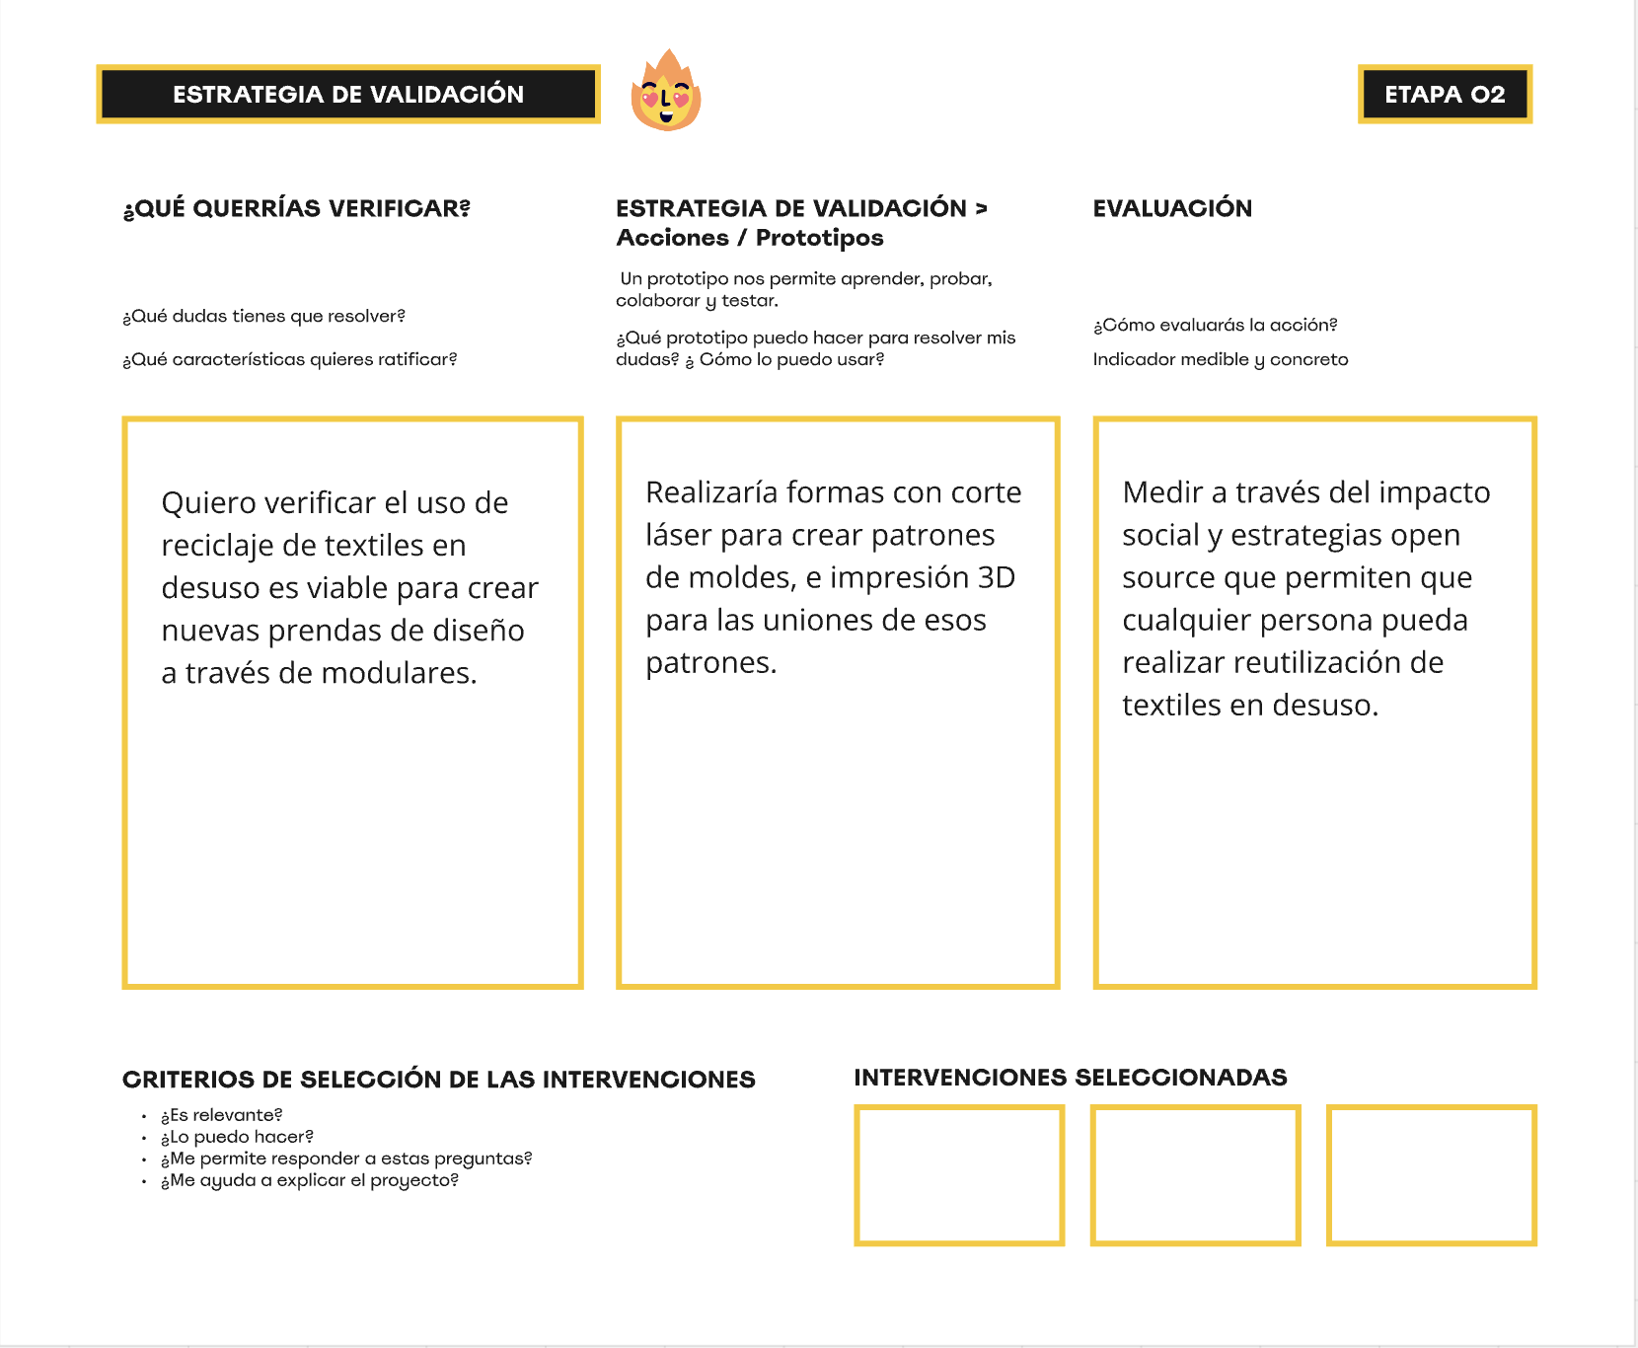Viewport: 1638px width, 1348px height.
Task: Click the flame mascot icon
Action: [666, 92]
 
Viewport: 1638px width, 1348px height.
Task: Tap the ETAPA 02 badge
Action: [1445, 95]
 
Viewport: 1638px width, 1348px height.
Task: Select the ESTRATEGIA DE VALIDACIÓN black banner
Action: [348, 95]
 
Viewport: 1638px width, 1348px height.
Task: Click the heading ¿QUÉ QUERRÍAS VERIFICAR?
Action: [296, 209]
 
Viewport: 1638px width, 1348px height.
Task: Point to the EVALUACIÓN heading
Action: [1172, 208]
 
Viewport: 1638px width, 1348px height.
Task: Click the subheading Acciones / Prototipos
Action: [749, 238]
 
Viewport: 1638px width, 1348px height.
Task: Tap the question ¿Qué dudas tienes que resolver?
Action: [263, 316]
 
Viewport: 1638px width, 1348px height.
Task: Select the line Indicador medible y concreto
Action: [1220, 359]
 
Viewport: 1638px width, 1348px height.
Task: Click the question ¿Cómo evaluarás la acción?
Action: [1215, 325]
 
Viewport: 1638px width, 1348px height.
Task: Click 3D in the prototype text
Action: [996, 577]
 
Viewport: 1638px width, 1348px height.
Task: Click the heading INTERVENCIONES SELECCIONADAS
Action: [1070, 1078]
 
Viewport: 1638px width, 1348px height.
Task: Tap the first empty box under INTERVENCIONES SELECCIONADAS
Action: [958, 1175]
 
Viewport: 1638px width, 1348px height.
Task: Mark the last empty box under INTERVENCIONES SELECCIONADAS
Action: [1431, 1175]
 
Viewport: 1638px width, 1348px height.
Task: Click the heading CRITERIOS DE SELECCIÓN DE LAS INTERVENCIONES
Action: [438, 1080]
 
